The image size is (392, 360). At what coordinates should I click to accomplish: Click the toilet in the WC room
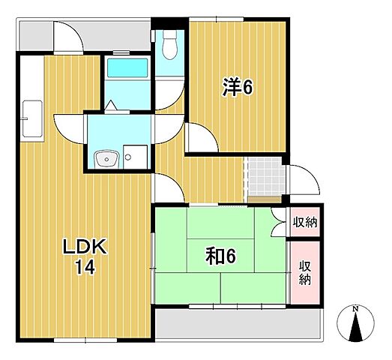(x=169, y=45)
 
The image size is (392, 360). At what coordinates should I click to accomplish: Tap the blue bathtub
(x=127, y=67)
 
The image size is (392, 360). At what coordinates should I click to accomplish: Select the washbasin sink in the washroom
(x=106, y=158)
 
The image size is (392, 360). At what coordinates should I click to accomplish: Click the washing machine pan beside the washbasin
(x=135, y=157)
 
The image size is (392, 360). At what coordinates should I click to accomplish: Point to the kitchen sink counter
(x=32, y=118)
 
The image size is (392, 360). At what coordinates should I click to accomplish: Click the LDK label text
(x=85, y=247)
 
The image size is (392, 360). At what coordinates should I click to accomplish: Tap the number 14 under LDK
(x=85, y=267)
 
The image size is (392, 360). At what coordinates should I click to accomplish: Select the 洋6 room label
(x=238, y=86)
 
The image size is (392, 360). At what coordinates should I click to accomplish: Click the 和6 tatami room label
(x=220, y=257)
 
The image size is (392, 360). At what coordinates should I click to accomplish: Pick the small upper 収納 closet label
(x=305, y=222)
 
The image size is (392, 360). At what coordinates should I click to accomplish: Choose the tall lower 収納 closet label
(x=305, y=273)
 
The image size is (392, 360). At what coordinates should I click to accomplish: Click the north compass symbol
(x=355, y=323)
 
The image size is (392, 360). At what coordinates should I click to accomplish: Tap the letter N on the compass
(x=355, y=309)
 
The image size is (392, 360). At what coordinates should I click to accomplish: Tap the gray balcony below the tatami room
(x=238, y=324)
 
